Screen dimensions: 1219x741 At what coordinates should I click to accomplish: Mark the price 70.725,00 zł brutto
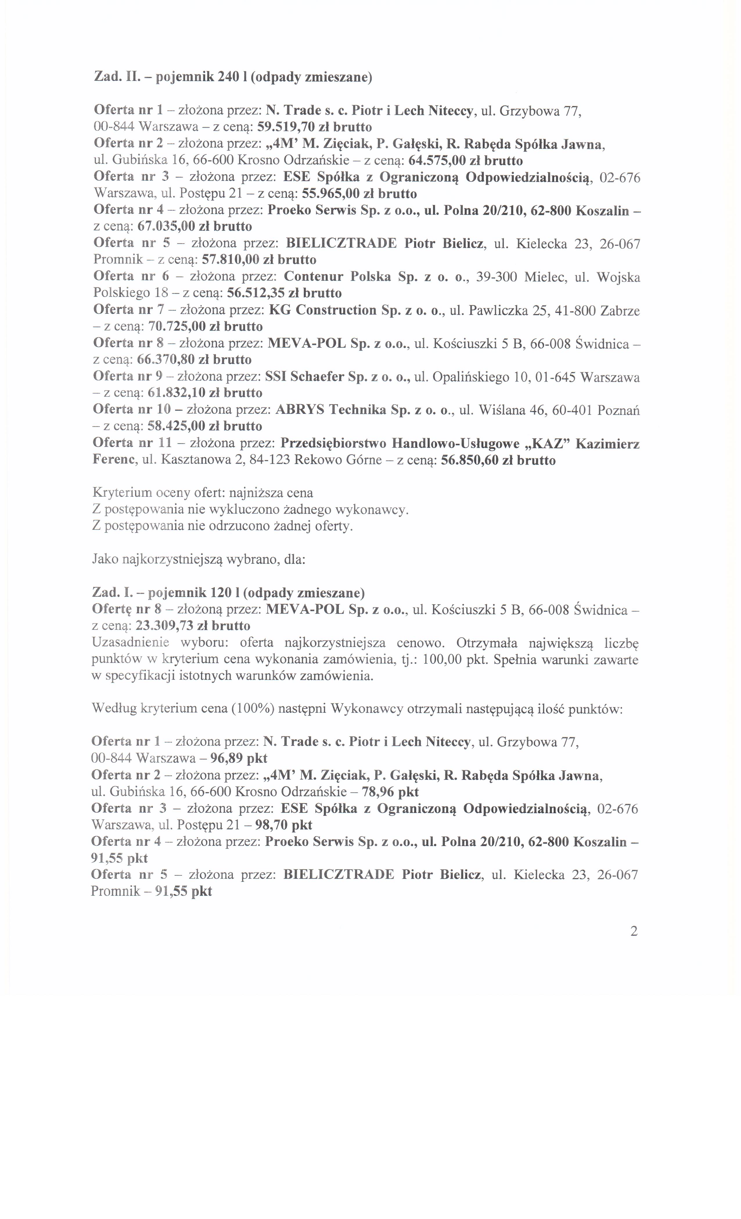(x=205, y=327)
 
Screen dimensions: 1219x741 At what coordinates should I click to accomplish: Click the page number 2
(x=634, y=931)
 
